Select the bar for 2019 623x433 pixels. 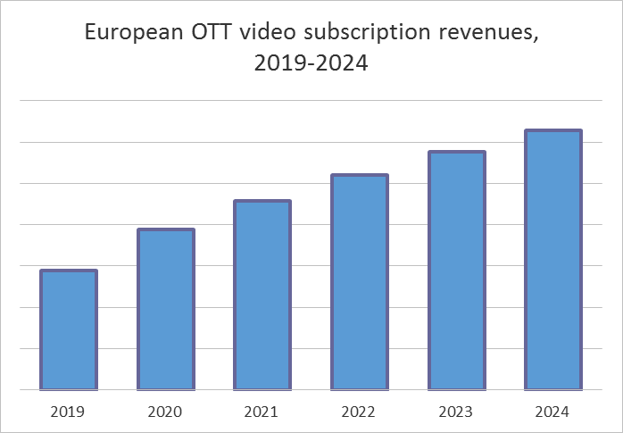69,330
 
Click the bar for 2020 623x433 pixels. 166,310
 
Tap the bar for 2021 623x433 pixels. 262,296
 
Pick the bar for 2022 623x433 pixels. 359,282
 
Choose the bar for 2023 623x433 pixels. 456,271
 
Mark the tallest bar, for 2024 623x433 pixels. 553,260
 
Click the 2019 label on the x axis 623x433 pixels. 69,412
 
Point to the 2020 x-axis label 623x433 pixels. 166,412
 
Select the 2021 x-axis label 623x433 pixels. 262,412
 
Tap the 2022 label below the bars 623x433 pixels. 359,412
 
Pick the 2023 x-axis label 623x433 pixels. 456,412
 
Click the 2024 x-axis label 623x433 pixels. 553,412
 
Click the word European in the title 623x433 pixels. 133,35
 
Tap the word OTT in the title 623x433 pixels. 212,33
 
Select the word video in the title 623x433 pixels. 269,33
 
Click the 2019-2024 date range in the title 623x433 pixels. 311,65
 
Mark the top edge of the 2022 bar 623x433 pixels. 359,176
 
